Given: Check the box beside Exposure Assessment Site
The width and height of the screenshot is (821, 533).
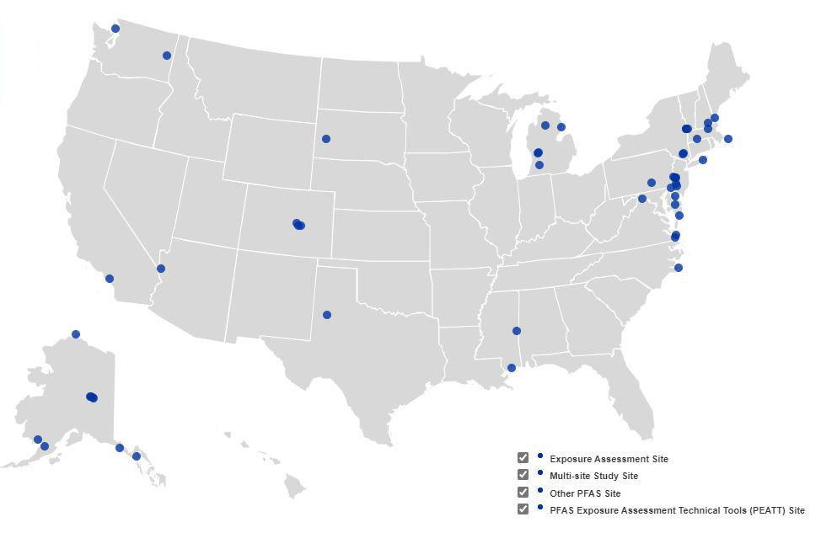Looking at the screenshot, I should [x=523, y=458].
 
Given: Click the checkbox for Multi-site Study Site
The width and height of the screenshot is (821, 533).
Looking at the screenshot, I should [x=523, y=475].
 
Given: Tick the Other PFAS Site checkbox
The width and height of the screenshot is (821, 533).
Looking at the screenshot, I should [x=523, y=493].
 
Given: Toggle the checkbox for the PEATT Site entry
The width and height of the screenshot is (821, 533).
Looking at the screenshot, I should [x=523, y=509].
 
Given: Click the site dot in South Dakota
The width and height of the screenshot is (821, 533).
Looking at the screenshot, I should [x=326, y=139].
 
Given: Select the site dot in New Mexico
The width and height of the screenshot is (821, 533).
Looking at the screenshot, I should [x=327, y=315].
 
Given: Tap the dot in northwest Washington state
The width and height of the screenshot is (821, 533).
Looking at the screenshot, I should [x=115, y=29].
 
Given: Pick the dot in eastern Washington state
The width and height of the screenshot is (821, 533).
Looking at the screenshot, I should [x=167, y=56].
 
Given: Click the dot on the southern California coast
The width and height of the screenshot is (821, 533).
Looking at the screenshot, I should [x=110, y=279].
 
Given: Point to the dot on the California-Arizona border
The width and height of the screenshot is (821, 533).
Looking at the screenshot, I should [x=161, y=269].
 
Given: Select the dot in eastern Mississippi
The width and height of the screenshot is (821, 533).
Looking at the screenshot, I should [x=517, y=331].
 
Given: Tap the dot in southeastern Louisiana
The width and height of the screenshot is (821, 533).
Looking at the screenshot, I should [x=512, y=368].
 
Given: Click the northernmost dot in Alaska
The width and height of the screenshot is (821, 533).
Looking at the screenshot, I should [x=76, y=334].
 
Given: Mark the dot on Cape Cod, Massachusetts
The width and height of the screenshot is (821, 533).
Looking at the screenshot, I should [x=728, y=139].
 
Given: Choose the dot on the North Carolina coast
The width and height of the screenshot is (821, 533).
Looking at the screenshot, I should [x=679, y=268].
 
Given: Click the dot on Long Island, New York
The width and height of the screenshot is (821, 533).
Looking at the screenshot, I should [x=703, y=160].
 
